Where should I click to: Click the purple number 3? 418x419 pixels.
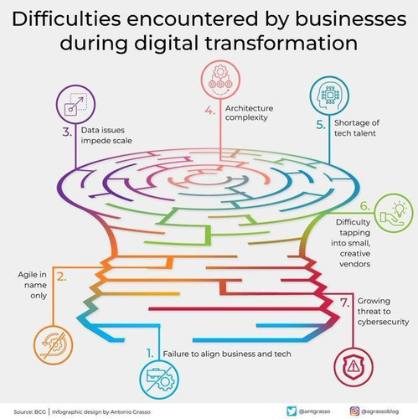[x=67, y=132]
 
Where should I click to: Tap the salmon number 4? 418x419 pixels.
[x=210, y=111]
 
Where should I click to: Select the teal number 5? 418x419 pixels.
[x=321, y=125]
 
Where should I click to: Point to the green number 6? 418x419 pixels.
[x=365, y=206]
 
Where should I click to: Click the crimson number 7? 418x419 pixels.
[x=345, y=303]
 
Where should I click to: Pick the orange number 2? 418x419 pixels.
[x=62, y=277]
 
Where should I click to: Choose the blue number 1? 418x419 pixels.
[x=150, y=354]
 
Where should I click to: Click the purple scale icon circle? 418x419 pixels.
[x=75, y=105]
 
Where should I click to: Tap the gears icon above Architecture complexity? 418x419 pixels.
[x=220, y=80]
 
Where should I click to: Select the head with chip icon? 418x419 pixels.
[x=329, y=96]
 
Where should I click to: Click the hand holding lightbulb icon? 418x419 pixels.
[x=394, y=213]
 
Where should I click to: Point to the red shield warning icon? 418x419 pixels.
[x=353, y=367]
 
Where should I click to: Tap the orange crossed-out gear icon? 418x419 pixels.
[x=53, y=344]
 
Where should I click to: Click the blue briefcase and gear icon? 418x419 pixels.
[x=159, y=380]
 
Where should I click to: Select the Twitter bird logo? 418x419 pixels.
[x=292, y=411]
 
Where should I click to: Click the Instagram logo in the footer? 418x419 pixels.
[x=354, y=411]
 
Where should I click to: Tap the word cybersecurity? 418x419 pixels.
[x=383, y=322]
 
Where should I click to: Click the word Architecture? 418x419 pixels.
[x=249, y=108]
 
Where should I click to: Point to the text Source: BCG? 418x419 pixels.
[x=28, y=411]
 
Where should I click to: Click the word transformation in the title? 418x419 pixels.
[x=281, y=43]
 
